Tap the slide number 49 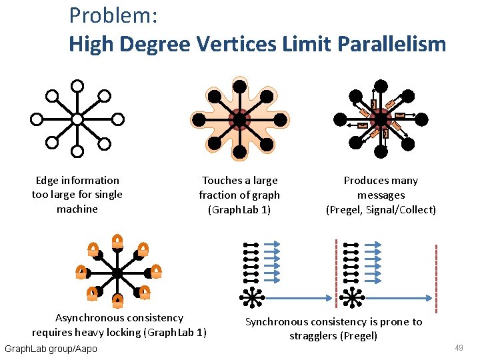point(459,348)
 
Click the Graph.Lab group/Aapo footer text point(51,349)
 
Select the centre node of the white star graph point(77,119)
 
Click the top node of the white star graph point(77,86)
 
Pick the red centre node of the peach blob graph point(239,120)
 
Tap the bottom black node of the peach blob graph point(239,153)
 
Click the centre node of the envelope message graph point(380,119)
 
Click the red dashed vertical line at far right point(437,279)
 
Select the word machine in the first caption point(77,209)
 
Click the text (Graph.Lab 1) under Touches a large point(239,210)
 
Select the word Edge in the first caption point(47,181)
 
